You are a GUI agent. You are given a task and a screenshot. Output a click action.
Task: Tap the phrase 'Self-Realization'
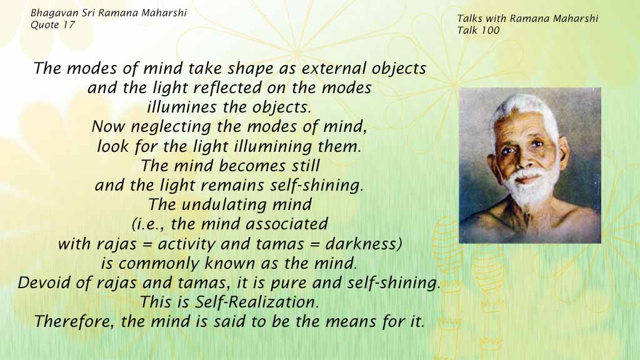click(x=256, y=302)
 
